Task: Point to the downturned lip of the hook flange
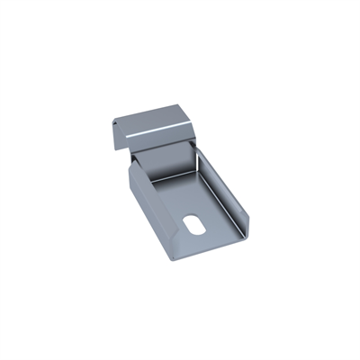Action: (x=117, y=135)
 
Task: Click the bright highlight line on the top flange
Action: (x=158, y=134)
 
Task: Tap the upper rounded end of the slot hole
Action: (x=201, y=217)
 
